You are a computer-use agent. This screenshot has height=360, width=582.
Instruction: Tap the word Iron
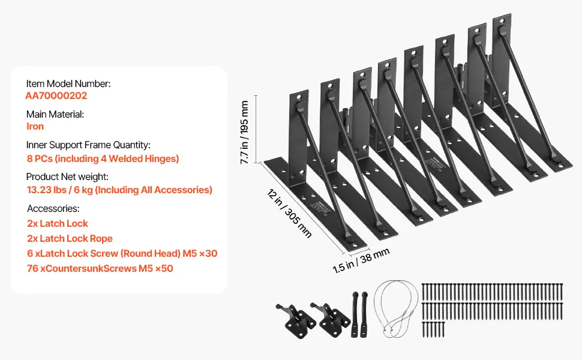(x=35, y=127)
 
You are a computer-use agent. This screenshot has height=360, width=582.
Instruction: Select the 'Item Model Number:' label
(x=68, y=84)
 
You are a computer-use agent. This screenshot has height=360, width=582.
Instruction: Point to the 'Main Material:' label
(x=55, y=114)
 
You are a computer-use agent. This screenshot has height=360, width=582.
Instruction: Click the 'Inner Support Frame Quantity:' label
(x=88, y=145)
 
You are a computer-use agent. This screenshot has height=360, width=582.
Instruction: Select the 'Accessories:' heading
(x=53, y=209)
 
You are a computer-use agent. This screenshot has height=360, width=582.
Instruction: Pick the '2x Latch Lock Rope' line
(x=70, y=239)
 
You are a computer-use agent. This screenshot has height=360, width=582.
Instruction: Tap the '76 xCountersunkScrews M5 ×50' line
(x=100, y=269)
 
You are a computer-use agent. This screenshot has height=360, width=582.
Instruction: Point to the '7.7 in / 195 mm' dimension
(x=245, y=129)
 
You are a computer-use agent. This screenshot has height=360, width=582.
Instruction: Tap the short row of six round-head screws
(x=433, y=328)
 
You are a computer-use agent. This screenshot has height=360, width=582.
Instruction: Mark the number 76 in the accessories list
(x=32, y=269)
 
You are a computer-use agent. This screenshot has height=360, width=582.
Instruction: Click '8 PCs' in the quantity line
(x=41, y=159)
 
